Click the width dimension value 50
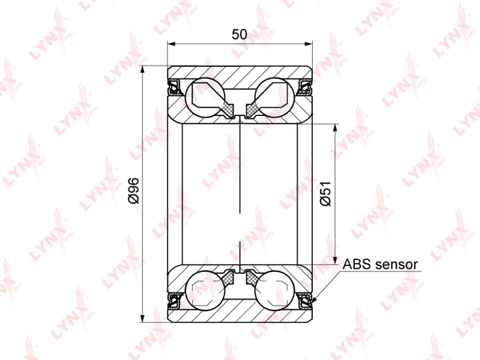[x=239, y=34]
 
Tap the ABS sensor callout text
[x=380, y=264]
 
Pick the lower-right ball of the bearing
[x=274, y=290]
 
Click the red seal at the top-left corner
[x=174, y=86]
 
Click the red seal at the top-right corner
[x=306, y=86]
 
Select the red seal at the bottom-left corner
[x=174, y=300]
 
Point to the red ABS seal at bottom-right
[x=306, y=300]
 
